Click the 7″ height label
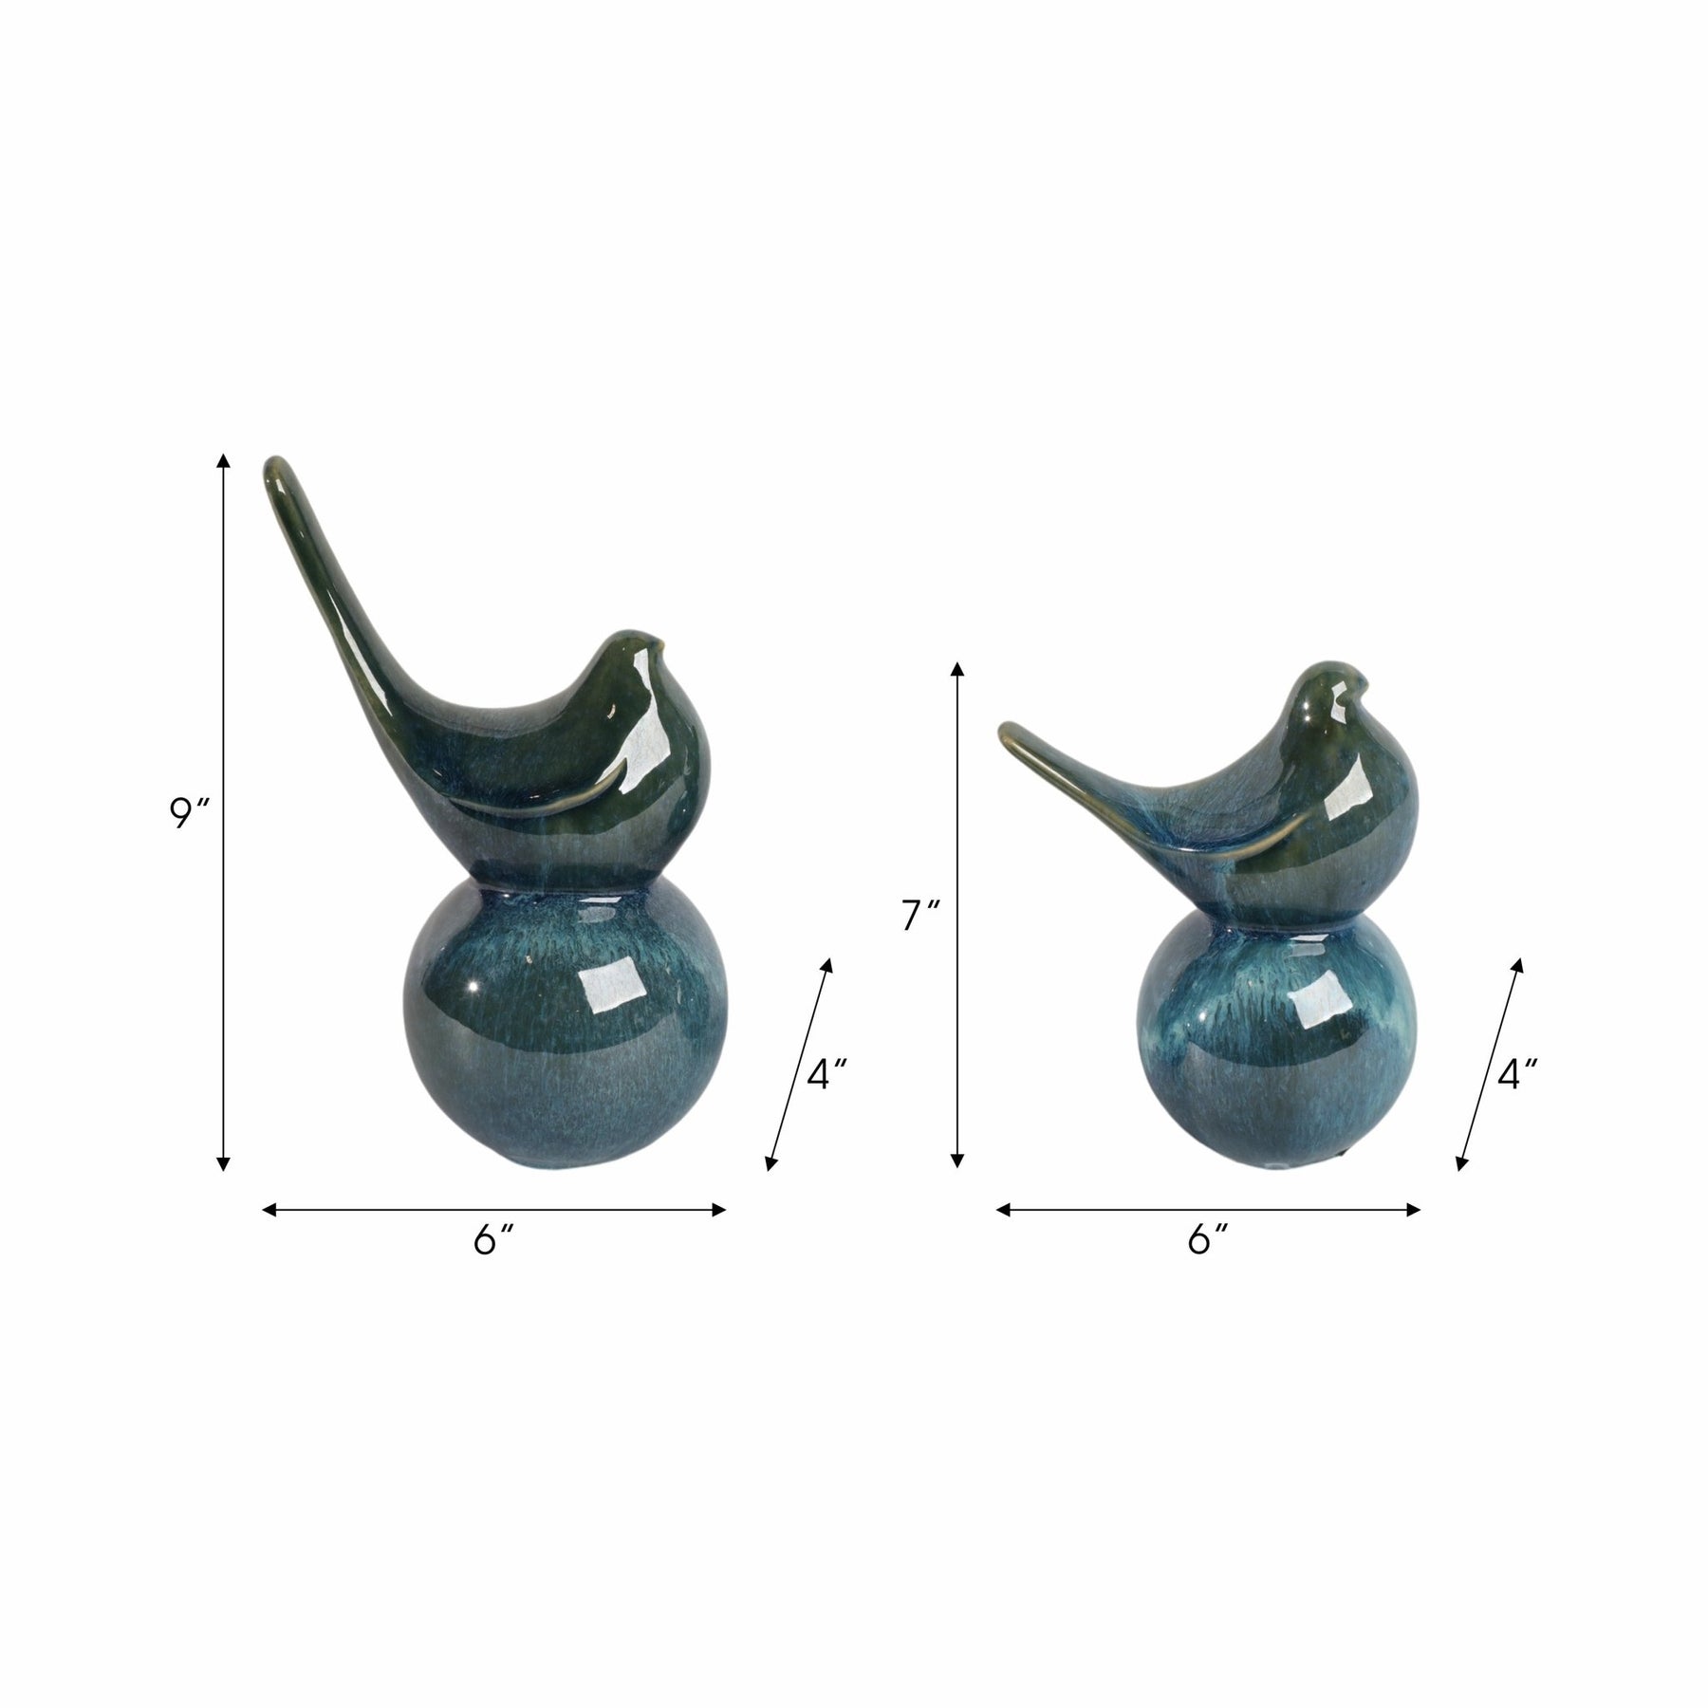tap(920, 916)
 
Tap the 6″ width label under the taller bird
tap(492, 1239)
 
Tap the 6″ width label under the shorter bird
tap(1207, 1239)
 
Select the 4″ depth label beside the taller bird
tap(826, 1074)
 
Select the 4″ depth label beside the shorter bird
tap(1516, 1074)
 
